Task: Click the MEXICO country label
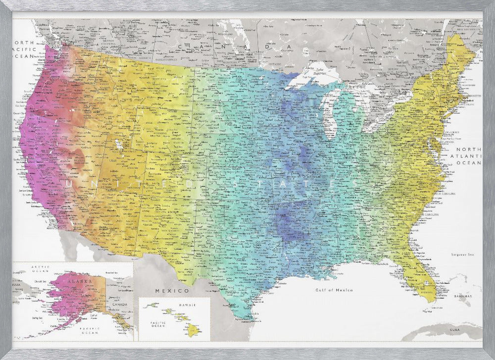[172, 290]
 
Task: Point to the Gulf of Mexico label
[334, 290]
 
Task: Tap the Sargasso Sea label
[462, 255]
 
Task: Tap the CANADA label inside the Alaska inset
[122, 305]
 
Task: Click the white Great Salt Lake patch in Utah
[119, 145]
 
